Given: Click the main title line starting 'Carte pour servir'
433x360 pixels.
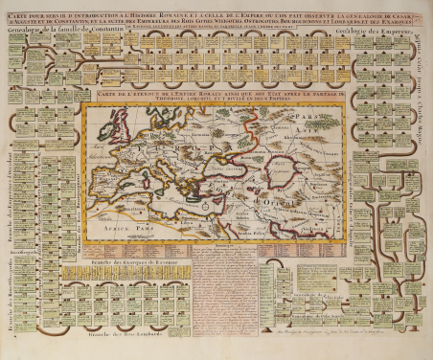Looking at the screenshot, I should coord(215,11).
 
